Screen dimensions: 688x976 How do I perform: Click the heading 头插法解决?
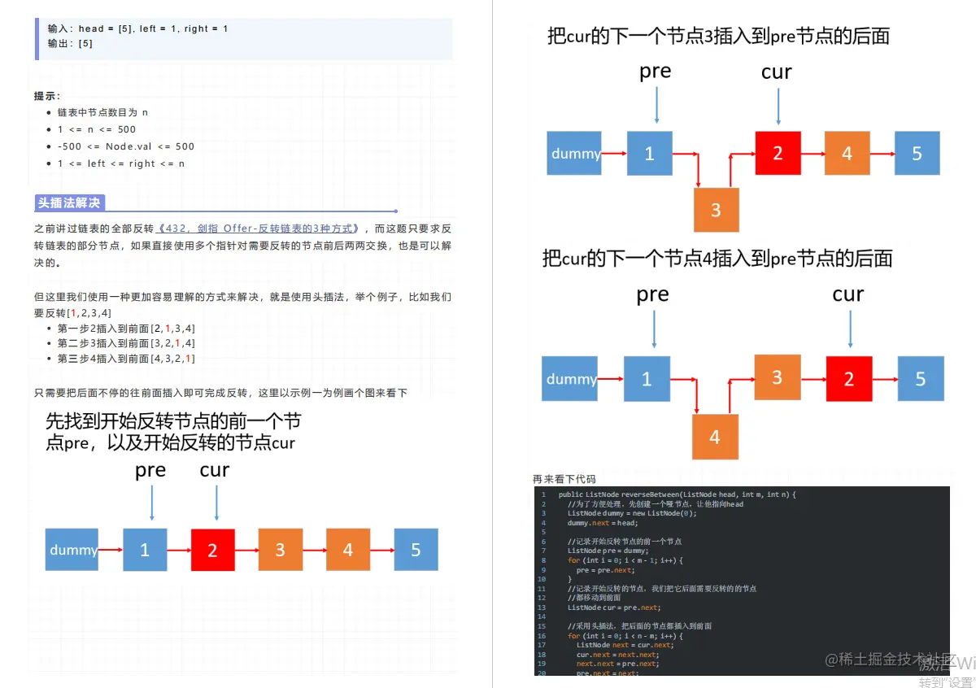69,203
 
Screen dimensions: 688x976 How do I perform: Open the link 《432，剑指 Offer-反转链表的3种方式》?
259,229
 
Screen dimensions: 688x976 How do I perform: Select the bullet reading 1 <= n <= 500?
97,129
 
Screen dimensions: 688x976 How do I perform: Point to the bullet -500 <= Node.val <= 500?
126,146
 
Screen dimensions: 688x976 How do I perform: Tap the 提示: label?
47,96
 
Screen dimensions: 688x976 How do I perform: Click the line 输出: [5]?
70,44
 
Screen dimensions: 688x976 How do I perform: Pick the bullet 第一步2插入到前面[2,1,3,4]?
126,329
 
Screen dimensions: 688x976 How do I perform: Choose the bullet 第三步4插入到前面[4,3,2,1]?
126,359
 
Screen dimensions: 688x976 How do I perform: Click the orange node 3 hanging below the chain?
716,210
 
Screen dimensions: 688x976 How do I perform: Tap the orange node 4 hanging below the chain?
715,437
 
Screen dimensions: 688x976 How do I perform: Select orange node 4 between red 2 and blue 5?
847,154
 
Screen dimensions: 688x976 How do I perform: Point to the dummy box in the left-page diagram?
72,550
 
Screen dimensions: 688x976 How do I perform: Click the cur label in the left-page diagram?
215,470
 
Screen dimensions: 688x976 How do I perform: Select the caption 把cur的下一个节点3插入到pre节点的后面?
718,36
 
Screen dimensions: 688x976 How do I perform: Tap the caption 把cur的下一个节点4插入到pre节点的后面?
717,259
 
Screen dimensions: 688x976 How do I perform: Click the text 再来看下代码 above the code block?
564,479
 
